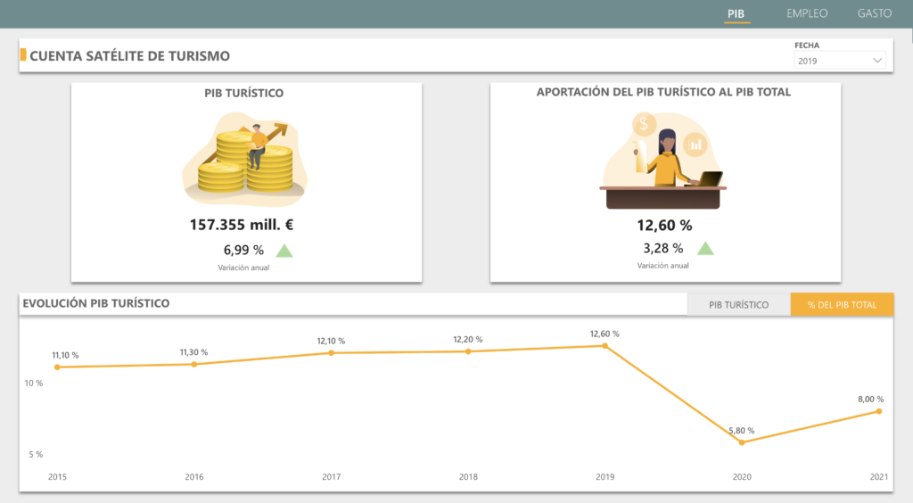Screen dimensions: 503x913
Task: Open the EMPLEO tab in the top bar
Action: (x=807, y=13)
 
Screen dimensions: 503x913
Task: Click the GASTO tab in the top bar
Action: (x=875, y=13)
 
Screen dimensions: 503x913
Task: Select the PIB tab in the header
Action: (x=736, y=13)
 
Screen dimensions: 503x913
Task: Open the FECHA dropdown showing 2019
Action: (x=840, y=61)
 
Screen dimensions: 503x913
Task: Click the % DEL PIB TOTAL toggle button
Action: (x=842, y=305)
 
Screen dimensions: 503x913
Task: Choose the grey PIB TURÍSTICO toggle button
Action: (x=738, y=305)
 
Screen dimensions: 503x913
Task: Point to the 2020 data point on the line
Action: (x=742, y=442)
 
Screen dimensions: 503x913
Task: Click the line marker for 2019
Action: (x=605, y=346)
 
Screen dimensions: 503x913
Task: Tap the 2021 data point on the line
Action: (x=879, y=411)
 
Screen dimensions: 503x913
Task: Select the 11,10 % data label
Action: (x=65, y=355)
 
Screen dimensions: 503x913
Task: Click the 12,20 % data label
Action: (x=468, y=339)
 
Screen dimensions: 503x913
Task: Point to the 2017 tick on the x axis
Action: (x=331, y=477)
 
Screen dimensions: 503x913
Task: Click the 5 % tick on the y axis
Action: (x=36, y=454)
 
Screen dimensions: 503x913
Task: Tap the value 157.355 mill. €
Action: (x=242, y=225)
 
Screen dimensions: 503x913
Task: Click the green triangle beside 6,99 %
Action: (x=284, y=251)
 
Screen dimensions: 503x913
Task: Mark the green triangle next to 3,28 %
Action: (x=705, y=249)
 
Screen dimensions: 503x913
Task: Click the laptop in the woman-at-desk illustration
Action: (x=709, y=179)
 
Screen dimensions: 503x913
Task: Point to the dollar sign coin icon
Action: (x=645, y=124)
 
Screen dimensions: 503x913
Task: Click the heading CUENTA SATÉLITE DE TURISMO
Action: (x=130, y=56)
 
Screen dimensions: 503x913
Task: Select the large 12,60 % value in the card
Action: (x=664, y=225)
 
